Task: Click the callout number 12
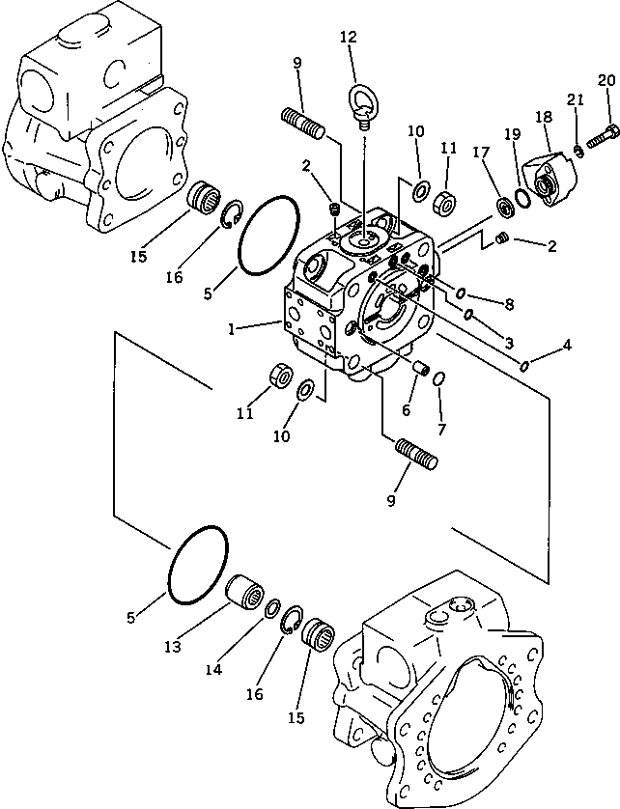click(x=349, y=38)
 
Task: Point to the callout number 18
click(x=544, y=117)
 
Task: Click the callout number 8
click(x=508, y=303)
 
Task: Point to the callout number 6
click(x=406, y=410)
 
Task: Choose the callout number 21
click(x=575, y=100)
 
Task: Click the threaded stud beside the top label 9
click(x=306, y=124)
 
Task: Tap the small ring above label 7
click(x=437, y=378)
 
